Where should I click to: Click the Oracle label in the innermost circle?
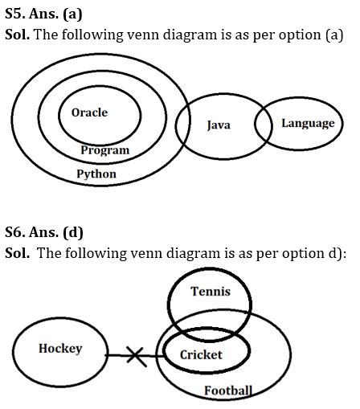tap(89, 112)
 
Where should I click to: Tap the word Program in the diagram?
tap(105, 149)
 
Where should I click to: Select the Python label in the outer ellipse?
tap(96, 174)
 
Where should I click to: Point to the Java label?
tap(219, 125)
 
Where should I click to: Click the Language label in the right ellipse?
tap(308, 123)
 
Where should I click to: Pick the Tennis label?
tap(211, 292)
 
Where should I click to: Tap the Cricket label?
tap(201, 354)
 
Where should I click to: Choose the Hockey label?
tap(60, 348)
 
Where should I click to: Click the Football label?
tap(227, 391)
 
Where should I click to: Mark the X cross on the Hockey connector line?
tap(137, 356)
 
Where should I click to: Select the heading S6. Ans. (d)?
tap(43, 233)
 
